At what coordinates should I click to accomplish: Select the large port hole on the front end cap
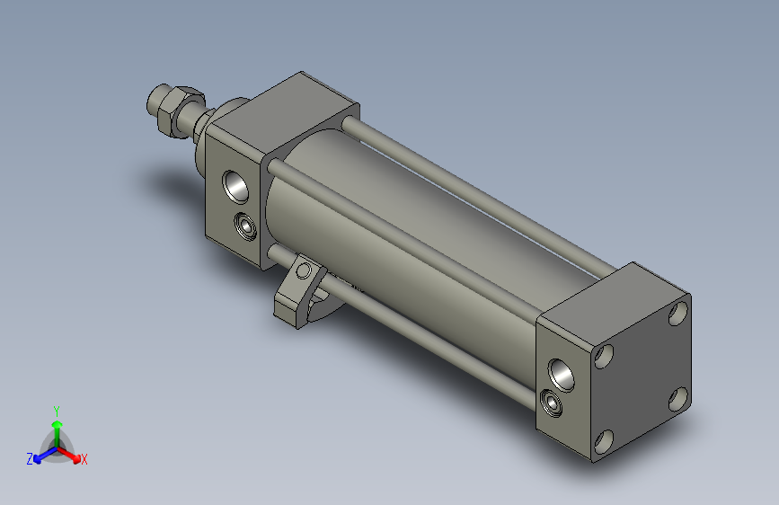click(x=238, y=186)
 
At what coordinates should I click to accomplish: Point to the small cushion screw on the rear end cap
click(x=552, y=402)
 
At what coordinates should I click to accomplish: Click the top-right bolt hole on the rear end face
click(x=678, y=314)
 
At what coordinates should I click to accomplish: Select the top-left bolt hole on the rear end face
click(x=603, y=357)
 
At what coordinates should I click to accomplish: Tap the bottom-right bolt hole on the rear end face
click(x=679, y=396)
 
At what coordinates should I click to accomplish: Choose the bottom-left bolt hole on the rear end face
click(x=603, y=440)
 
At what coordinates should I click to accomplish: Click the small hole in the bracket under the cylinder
click(x=305, y=270)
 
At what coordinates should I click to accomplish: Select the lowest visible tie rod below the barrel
click(x=431, y=341)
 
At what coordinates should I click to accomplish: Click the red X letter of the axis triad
click(x=84, y=460)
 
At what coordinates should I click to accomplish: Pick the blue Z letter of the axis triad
click(x=30, y=459)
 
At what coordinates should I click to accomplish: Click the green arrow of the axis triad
click(x=57, y=426)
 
